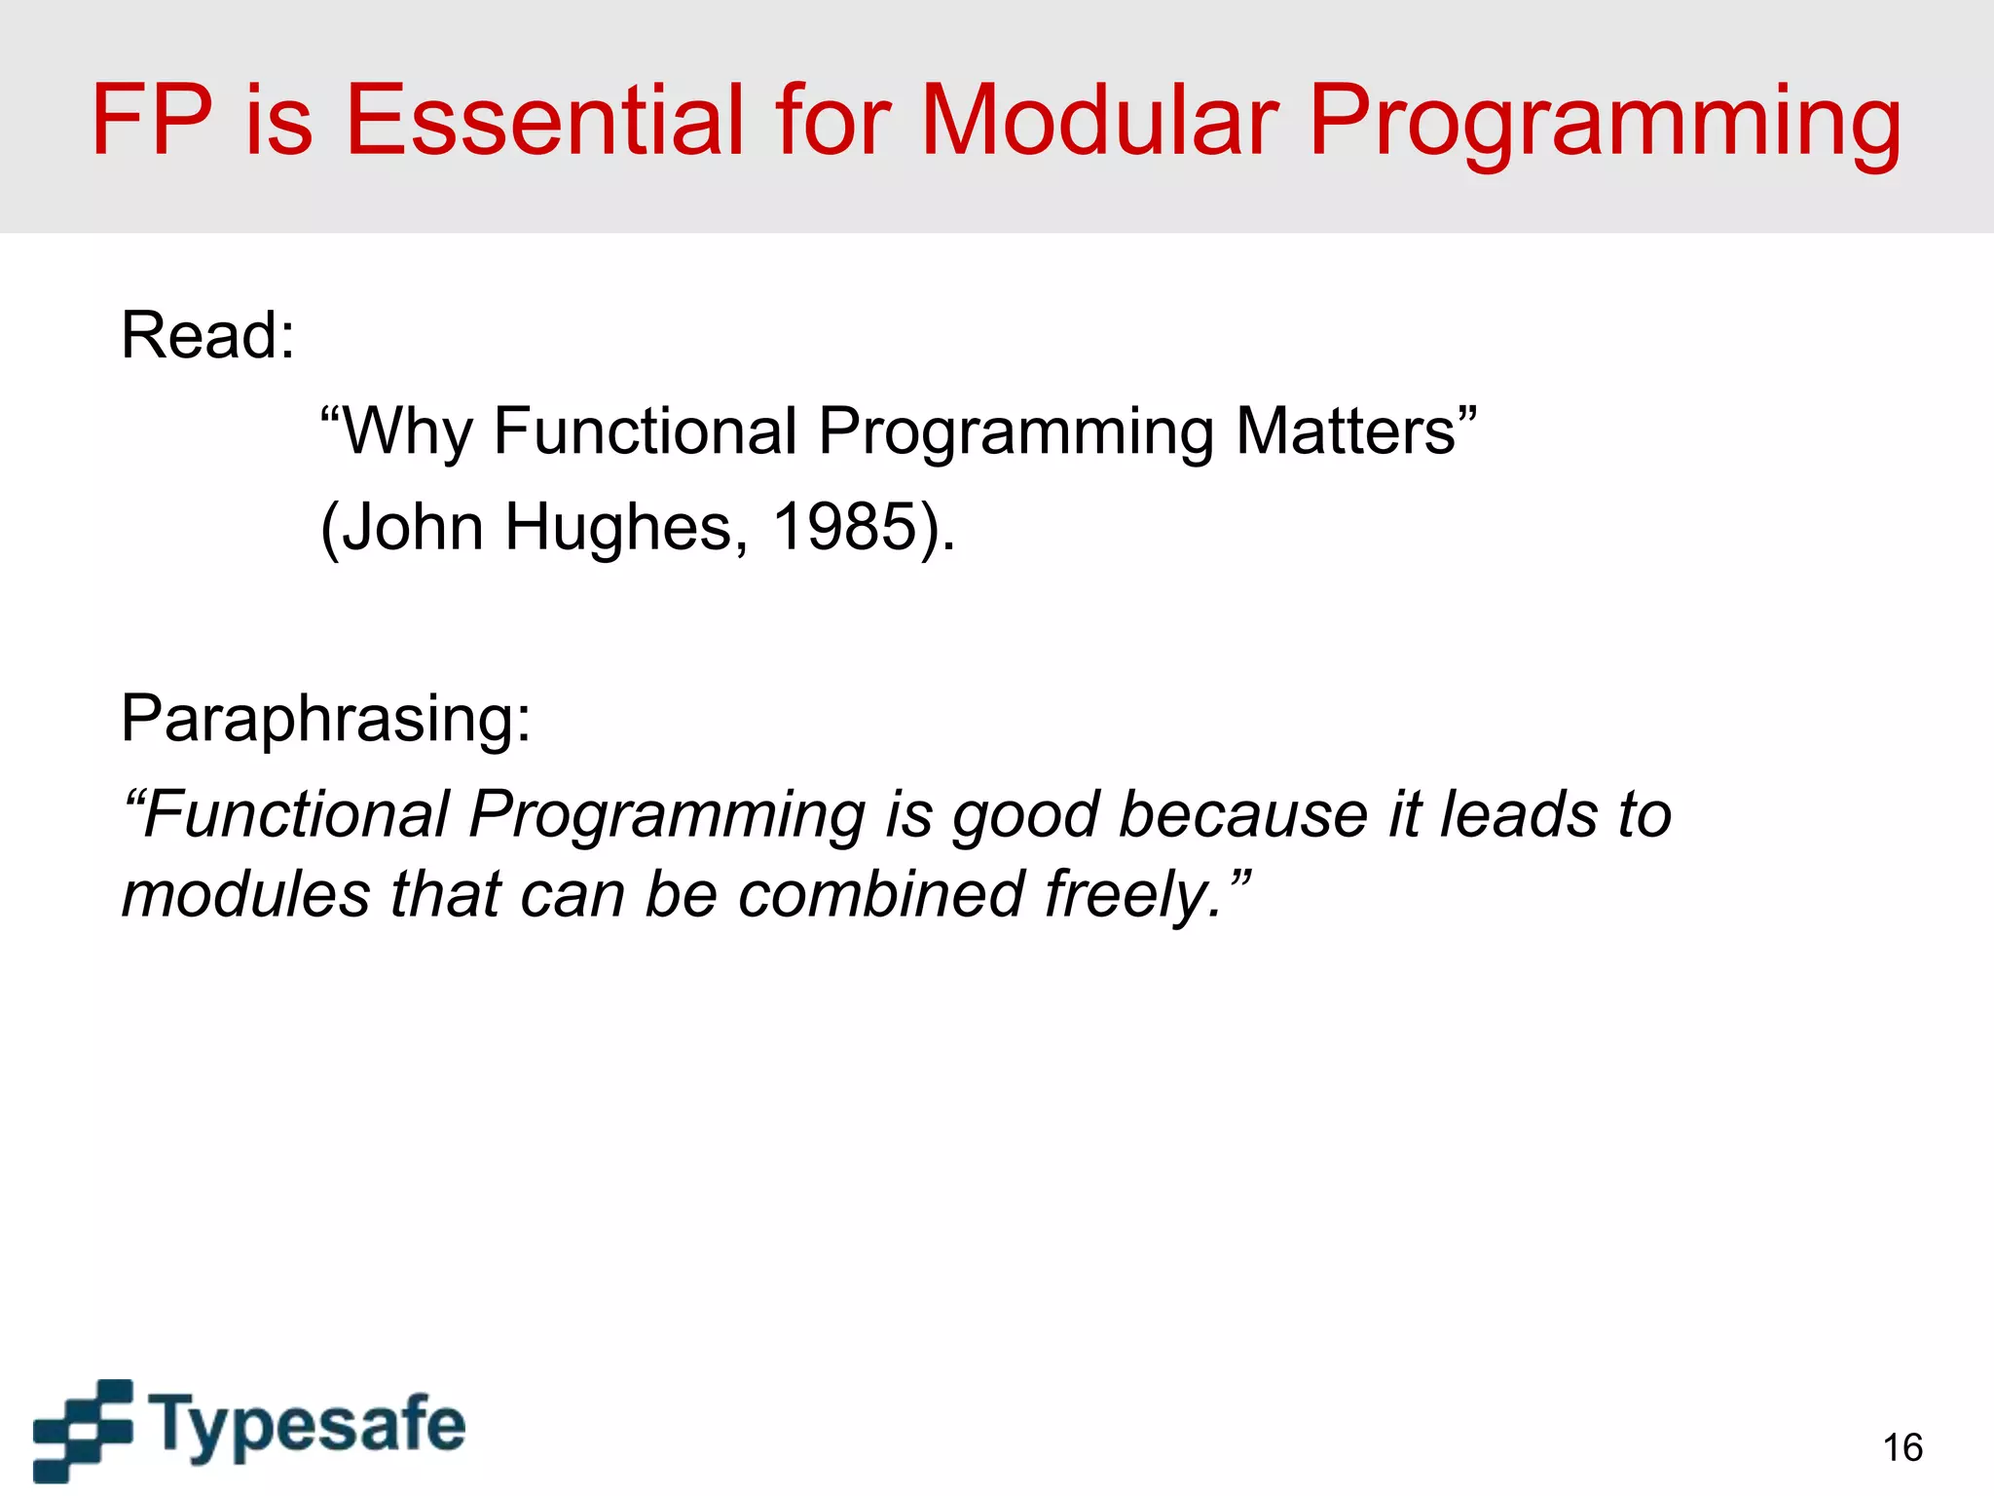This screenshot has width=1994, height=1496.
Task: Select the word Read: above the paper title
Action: (x=207, y=335)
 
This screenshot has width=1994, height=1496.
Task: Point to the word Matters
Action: (x=1353, y=430)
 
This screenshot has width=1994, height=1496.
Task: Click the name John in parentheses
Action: (x=413, y=527)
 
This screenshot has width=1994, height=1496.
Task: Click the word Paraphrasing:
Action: (x=326, y=719)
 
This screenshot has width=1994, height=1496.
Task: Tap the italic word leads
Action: (x=1519, y=814)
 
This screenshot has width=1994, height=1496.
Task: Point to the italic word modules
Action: (x=245, y=894)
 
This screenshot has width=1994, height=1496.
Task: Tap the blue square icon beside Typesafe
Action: (x=83, y=1430)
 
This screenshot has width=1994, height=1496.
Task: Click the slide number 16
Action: (x=1902, y=1448)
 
